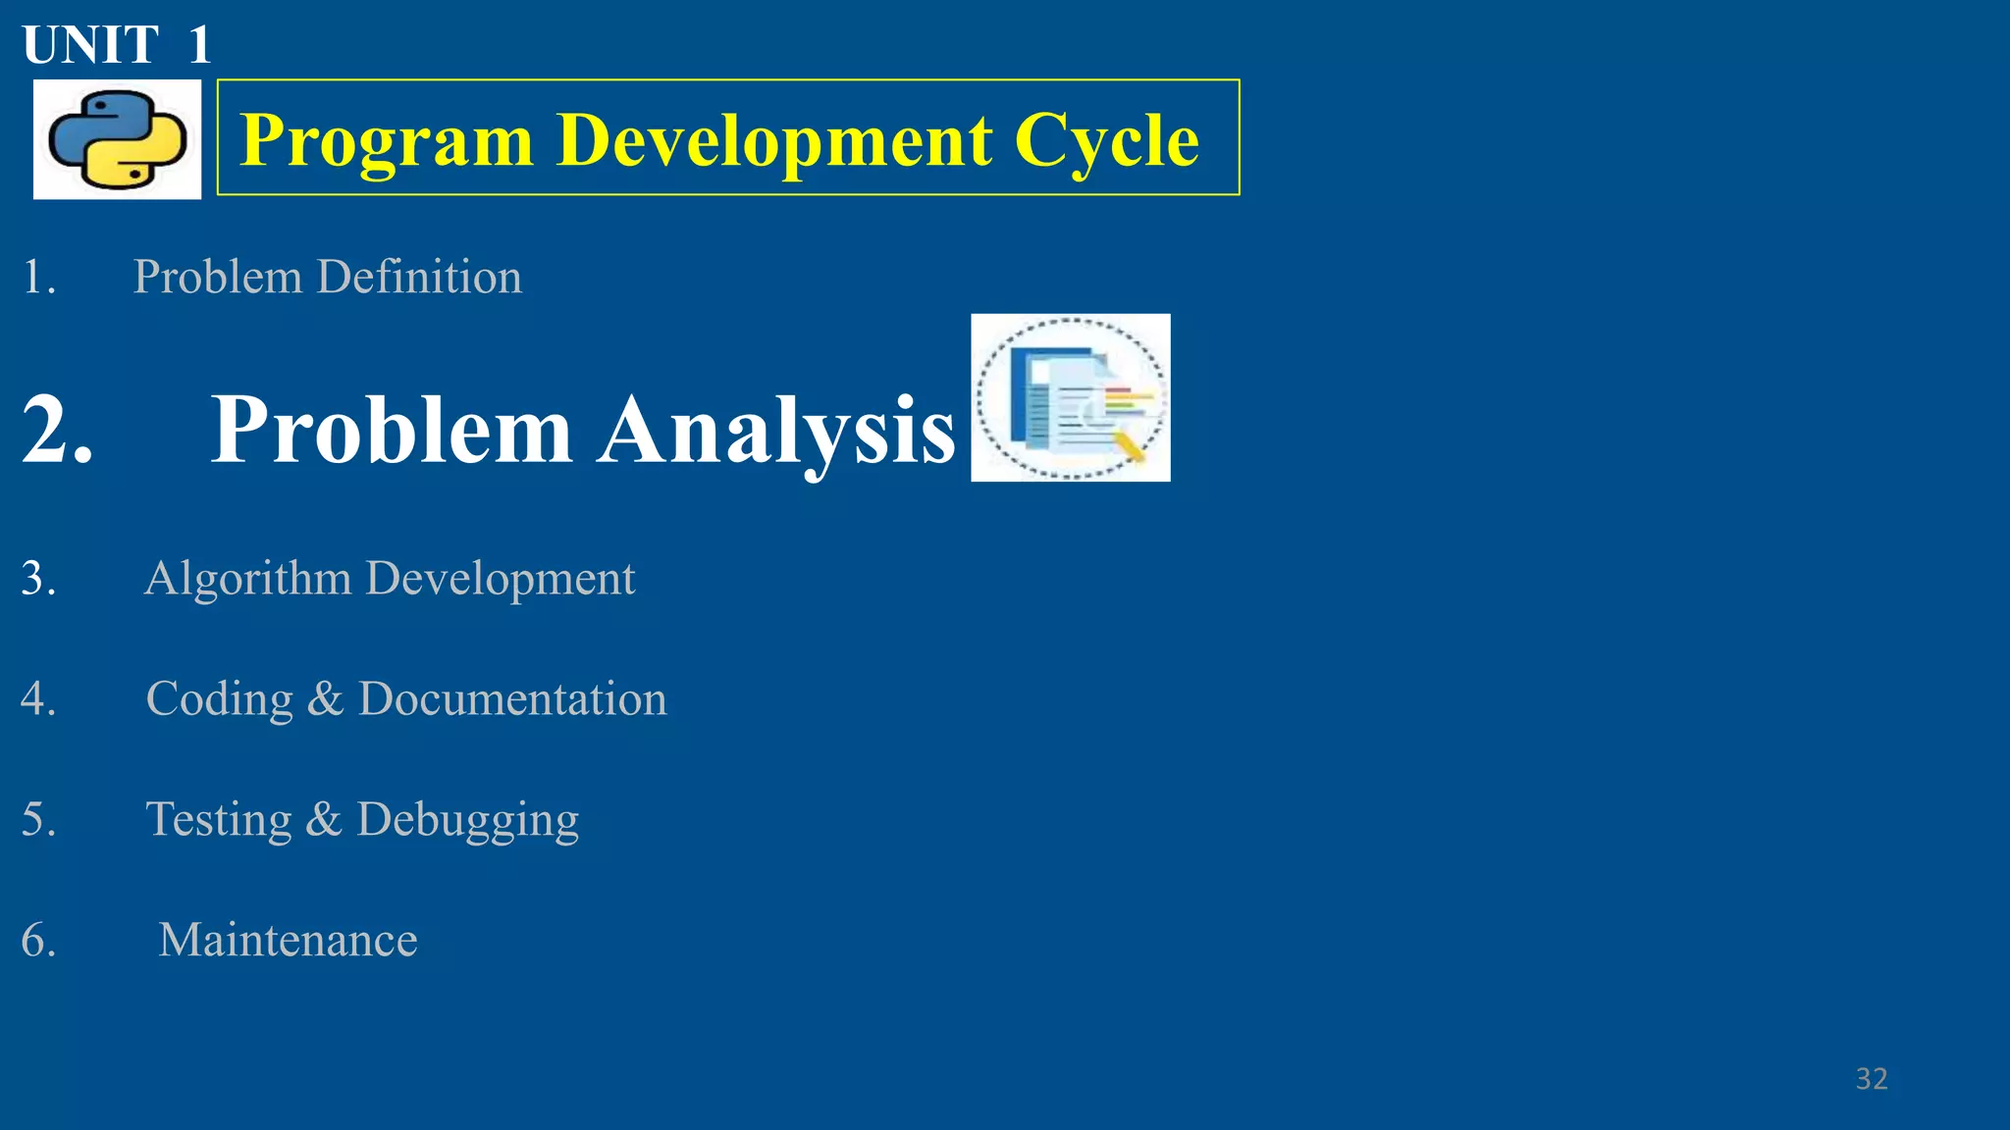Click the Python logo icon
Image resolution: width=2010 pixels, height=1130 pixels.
[x=117, y=139]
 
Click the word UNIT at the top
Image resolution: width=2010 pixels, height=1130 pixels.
[x=89, y=45]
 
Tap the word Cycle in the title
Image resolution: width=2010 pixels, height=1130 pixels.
[x=1106, y=140]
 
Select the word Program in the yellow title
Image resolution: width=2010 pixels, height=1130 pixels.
[x=387, y=140]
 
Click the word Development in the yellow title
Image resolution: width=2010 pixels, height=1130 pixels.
[x=774, y=140]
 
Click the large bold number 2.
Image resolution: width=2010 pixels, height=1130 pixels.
[x=56, y=429]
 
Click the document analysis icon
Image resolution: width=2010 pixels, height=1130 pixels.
[x=1070, y=397]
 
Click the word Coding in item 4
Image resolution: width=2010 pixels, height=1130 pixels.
[x=219, y=699]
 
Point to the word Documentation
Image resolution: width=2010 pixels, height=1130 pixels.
[x=512, y=698]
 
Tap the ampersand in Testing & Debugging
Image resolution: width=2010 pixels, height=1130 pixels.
[x=323, y=819]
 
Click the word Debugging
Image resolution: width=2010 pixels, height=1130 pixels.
[x=467, y=820]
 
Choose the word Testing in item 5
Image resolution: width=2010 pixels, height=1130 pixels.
[x=218, y=820]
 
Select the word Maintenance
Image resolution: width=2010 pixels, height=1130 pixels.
[x=288, y=940]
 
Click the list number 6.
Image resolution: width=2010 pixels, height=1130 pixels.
[x=38, y=940]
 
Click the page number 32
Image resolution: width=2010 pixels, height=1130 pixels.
[x=1871, y=1079]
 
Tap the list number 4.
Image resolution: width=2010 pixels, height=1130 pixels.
[x=38, y=698]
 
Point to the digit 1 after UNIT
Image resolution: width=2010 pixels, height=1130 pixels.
[x=199, y=45]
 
